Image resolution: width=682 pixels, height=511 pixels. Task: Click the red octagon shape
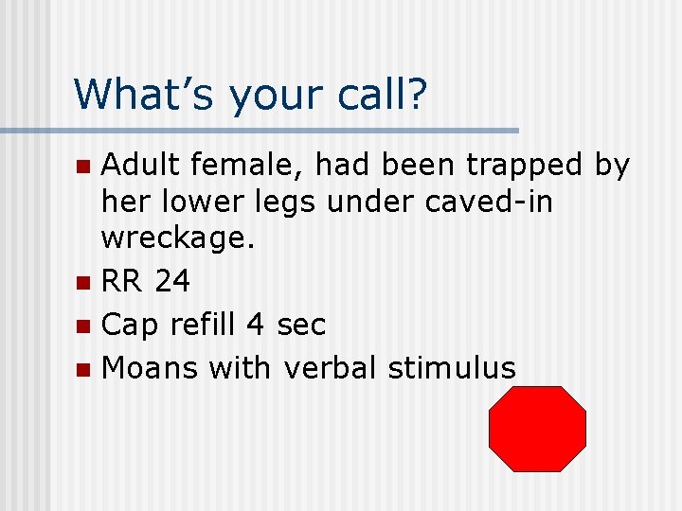tap(537, 429)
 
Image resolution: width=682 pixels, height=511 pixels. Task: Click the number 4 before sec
tap(255, 326)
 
